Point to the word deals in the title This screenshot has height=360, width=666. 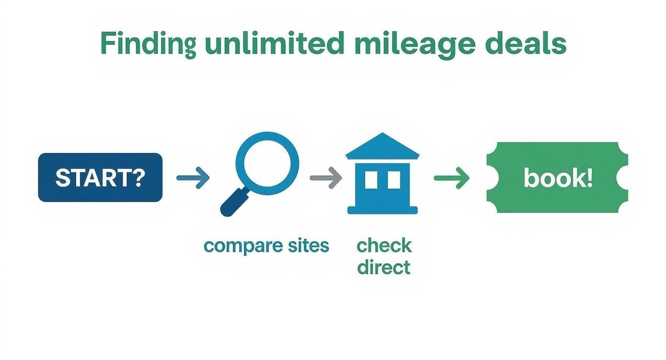click(526, 44)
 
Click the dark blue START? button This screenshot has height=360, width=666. click(100, 178)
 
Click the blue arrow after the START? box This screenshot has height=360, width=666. click(193, 178)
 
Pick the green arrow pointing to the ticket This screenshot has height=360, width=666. click(451, 178)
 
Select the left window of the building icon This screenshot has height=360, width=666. click(371, 180)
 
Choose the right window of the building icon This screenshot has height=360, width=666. click(394, 180)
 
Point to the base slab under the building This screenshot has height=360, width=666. click(382, 210)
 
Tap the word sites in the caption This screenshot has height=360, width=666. click(307, 246)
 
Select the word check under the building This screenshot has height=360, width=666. click(384, 246)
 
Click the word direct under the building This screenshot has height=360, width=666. click(384, 267)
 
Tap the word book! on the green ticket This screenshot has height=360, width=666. click(558, 178)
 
